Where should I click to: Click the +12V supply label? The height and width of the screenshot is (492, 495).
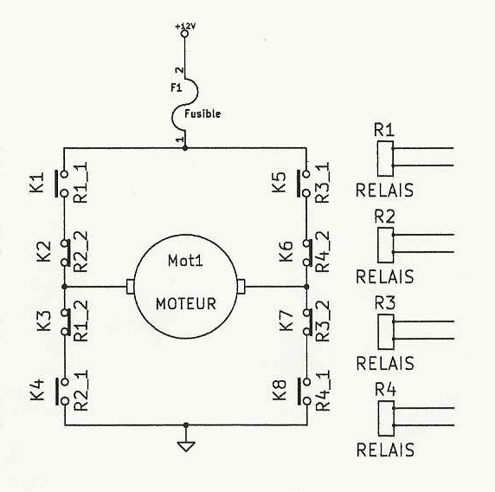185,26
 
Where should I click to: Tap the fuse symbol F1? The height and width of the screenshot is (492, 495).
184,104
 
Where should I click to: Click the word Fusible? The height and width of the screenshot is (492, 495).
202,113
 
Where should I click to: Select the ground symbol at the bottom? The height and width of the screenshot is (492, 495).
186,446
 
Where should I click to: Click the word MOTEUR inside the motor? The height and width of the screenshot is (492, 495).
185,304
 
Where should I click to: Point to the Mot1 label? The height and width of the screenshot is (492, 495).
185,261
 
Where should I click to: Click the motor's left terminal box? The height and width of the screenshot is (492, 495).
130,287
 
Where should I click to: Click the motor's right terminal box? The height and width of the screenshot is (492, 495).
241,287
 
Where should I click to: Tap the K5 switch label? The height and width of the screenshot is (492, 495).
279,183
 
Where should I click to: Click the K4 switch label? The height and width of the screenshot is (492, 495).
37,390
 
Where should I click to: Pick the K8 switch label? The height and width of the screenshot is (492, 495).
280,391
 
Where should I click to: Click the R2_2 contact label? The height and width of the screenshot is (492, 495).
80,252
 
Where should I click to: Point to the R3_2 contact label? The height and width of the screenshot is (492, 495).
323,320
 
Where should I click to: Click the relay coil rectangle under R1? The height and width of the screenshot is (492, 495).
385,159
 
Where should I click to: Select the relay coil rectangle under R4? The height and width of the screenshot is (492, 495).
386,418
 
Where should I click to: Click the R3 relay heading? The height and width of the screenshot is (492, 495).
384,303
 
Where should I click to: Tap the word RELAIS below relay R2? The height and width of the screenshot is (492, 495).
384,276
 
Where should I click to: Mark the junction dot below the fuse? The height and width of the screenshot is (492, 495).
185,148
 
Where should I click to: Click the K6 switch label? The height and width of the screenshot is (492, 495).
286,251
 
